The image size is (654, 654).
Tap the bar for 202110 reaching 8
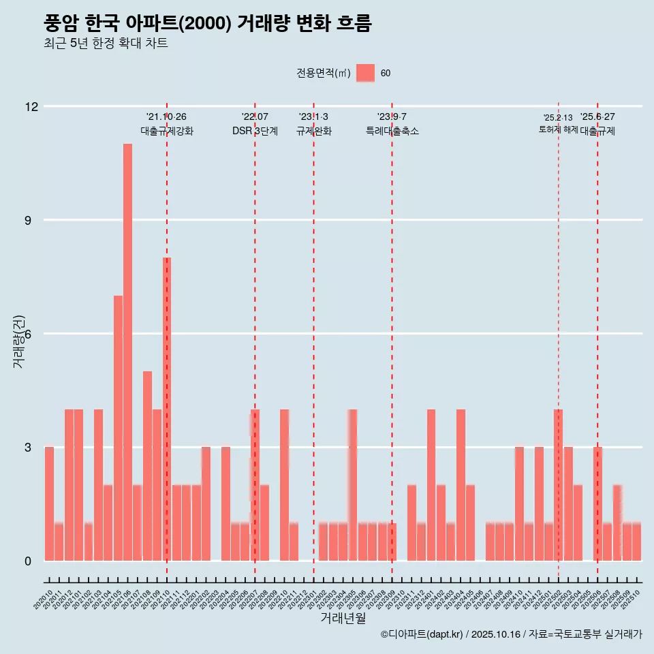[x=167, y=409]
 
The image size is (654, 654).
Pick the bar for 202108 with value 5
[x=147, y=466]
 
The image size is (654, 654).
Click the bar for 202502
[x=558, y=485]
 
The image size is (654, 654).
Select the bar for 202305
[x=352, y=485]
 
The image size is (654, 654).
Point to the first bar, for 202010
[x=49, y=504]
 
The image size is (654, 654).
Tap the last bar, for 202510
[x=636, y=542]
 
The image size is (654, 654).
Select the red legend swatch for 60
[x=365, y=73]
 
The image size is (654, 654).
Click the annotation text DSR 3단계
[x=255, y=131]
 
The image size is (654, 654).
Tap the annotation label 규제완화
[x=313, y=131]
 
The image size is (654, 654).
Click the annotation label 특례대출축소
[x=392, y=131]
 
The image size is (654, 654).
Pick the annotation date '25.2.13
[x=558, y=118]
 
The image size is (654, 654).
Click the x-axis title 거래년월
[x=343, y=619]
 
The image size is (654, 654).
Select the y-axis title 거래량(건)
[x=19, y=341]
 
